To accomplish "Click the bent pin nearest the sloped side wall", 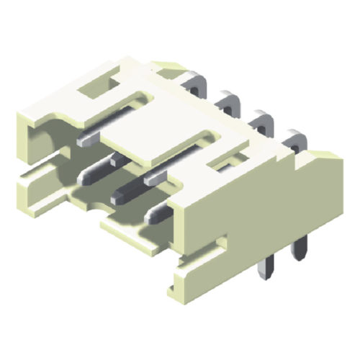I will (293, 138).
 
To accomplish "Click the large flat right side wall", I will (266, 209).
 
